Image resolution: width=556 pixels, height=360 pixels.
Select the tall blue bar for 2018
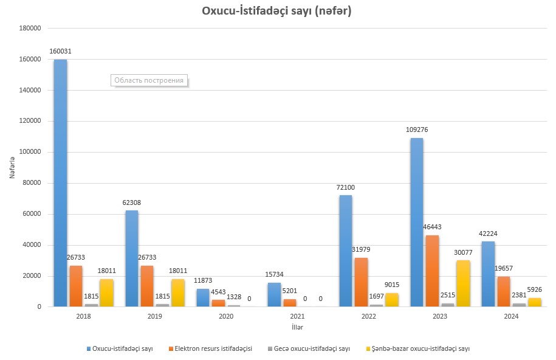(x=60, y=182)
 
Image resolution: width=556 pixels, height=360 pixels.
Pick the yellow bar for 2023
(x=462, y=283)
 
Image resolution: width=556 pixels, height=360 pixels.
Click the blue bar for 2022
(x=345, y=251)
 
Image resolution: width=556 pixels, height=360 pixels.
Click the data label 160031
(x=60, y=52)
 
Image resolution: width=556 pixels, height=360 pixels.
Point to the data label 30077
(x=462, y=252)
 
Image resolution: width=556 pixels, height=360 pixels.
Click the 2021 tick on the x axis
(x=297, y=317)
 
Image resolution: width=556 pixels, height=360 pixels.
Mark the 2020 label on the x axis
(x=226, y=317)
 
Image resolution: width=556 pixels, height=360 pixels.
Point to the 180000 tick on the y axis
(x=30, y=29)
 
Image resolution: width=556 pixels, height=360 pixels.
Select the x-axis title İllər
(x=297, y=328)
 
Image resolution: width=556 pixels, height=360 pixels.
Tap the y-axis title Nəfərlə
(x=12, y=167)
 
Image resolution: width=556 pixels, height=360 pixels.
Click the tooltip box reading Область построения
(x=149, y=80)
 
